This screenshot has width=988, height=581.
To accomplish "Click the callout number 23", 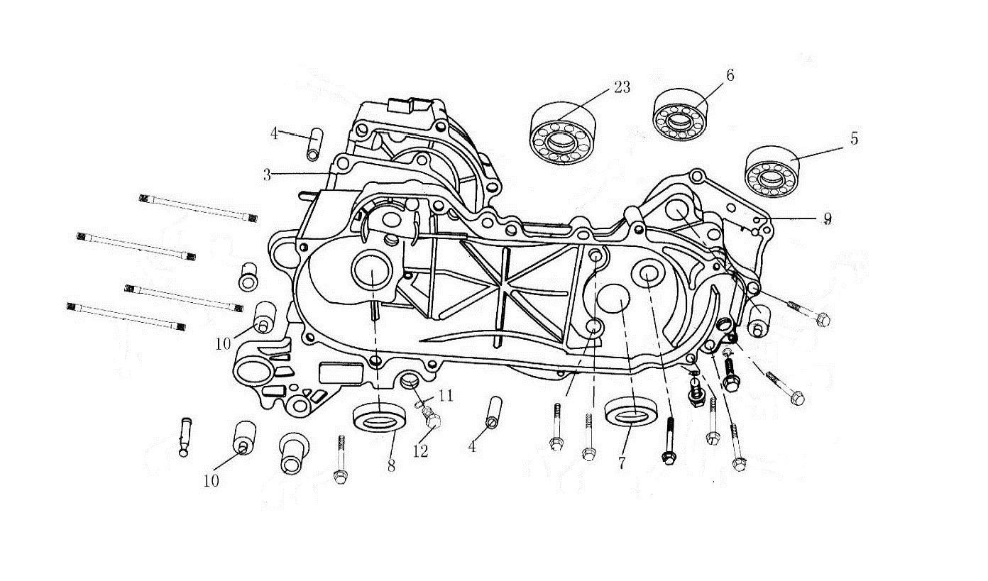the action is (x=622, y=88).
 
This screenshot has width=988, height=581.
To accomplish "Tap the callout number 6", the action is (x=730, y=75).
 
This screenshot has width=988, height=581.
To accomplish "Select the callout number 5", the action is (x=854, y=139).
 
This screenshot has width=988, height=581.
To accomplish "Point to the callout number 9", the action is (x=827, y=218).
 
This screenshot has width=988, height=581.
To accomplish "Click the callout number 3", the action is (x=267, y=175).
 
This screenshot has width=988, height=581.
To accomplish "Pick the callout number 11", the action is (x=446, y=395).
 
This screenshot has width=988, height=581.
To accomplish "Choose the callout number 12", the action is (x=420, y=450).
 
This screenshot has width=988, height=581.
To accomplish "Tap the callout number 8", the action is (x=391, y=466).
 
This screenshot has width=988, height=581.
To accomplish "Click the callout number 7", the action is (x=622, y=463).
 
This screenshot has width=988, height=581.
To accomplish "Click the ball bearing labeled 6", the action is (x=680, y=115).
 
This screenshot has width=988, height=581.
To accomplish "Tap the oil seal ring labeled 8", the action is (x=380, y=416).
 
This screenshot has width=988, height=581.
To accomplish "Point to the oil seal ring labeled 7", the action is (x=631, y=411).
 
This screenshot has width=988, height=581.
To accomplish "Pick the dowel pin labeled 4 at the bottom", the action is (x=493, y=412).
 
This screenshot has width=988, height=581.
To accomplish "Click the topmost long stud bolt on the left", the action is (x=198, y=208).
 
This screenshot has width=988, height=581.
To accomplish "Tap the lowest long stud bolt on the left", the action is (x=126, y=317).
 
